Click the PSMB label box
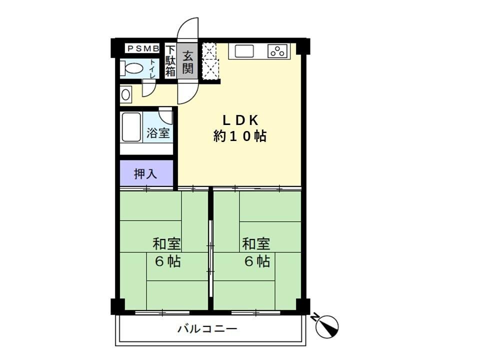142,48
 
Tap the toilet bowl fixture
131,68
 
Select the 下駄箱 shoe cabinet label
170,61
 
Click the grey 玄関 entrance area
187,61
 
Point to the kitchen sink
244,51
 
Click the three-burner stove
278,51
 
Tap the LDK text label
240,120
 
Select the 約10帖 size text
240,136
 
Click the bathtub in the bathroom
131,127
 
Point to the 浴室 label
158,133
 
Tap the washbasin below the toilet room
125,94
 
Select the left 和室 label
166,244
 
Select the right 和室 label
256,244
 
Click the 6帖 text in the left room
168,261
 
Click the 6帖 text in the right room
257,261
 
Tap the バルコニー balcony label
207,329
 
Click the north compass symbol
326,325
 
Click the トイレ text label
152,68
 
